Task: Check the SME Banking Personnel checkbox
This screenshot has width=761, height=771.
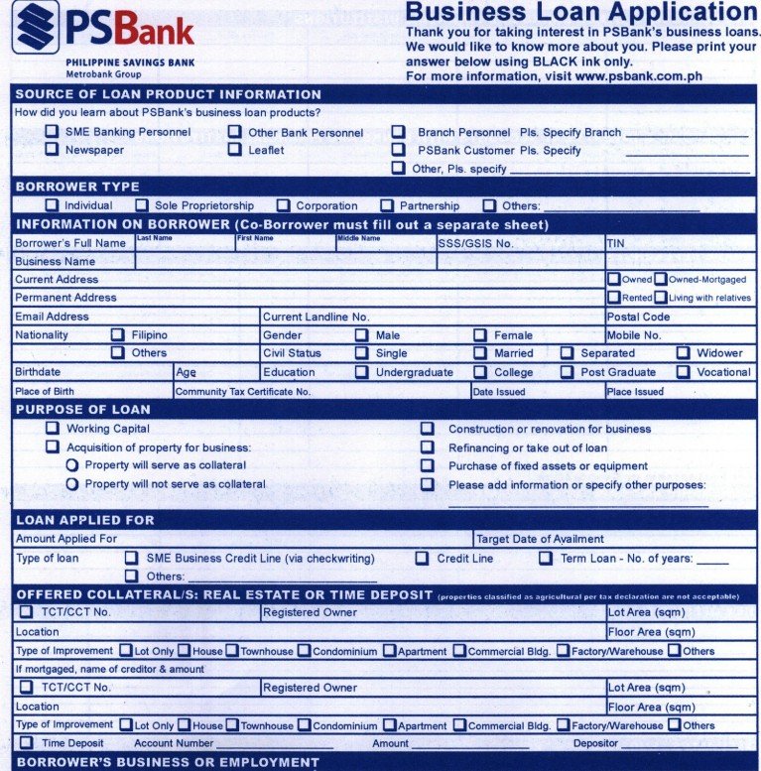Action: [x=52, y=131]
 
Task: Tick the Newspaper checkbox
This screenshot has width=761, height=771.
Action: [x=52, y=150]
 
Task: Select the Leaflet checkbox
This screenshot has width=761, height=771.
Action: [x=234, y=150]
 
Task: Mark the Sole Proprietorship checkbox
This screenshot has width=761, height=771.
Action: [x=141, y=205]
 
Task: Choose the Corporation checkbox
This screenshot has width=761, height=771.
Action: [x=283, y=205]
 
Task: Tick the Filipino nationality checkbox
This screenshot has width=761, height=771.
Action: [x=117, y=335]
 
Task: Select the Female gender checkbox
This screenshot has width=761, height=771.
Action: [x=479, y=335]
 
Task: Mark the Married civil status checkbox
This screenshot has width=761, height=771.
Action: [x=479, y=353]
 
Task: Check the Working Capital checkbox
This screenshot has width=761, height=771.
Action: [x=52, y=429]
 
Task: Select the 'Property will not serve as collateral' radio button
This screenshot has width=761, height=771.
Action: [x=71, y=484]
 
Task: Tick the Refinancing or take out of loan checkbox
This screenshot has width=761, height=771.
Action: [x=428, y=448]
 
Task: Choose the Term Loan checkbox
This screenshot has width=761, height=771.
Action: [x=546, y=559]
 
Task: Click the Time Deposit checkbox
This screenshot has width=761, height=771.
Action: [x=26, y=742]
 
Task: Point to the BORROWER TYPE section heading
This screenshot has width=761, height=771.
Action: [x=77, y=187]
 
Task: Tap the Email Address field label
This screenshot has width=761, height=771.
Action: [x=52, y=317]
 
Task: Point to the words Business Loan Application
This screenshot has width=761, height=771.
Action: [x=580, y=12]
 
